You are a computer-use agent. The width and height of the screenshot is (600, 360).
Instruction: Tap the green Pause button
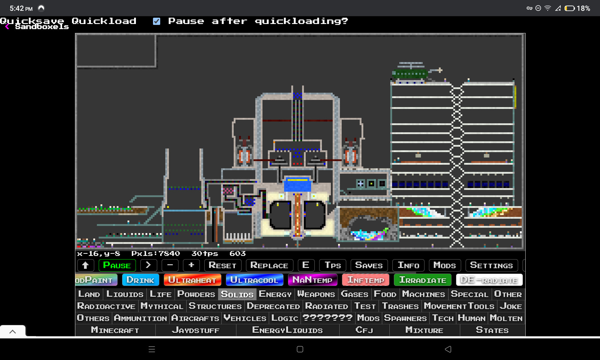(x=117, y=265)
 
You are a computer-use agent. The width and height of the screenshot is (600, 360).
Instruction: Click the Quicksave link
(x=32, y=21)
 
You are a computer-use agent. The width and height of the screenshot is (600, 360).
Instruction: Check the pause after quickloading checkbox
(x=157, y=21)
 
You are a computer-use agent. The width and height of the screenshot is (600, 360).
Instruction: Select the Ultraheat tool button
(x=192, y=280)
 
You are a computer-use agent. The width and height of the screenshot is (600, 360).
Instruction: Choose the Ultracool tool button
(x=254, y=280)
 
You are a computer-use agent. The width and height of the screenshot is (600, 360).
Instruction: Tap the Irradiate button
(x=422, y=280)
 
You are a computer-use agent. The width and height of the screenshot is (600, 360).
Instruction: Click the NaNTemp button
(x=312, y=280)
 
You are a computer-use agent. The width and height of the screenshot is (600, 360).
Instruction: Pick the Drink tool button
(x=140, y=280)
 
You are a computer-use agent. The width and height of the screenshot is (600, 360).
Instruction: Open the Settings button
(x=491, y=265)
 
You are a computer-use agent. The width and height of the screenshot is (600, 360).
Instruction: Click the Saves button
(x=369, y=265)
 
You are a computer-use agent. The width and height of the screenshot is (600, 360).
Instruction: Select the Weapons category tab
(x=316, y=294)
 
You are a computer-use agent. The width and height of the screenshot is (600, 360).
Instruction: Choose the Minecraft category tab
(x=115, y=330)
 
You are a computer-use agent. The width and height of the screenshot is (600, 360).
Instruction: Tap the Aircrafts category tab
(x=195, y=318)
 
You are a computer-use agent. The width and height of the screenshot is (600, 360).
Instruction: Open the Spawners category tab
(x=405, y=318)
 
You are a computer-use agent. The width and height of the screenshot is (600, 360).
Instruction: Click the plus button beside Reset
(x=191, y=265)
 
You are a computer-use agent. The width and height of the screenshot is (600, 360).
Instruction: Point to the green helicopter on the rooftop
(x=411, y=73)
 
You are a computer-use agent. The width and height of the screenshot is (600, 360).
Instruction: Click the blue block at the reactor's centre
(x=298, y=184)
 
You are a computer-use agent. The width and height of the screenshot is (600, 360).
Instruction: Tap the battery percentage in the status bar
(x=583, y=8)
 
